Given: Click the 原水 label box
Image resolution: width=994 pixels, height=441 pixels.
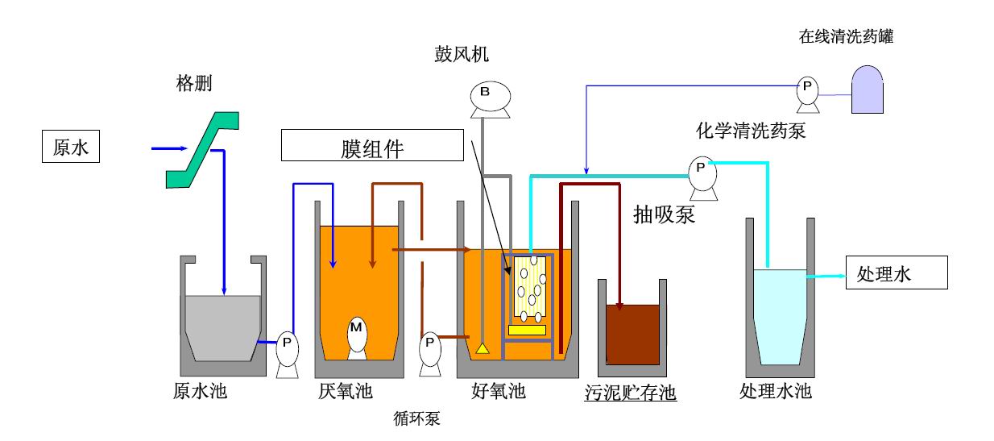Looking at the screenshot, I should pos(71,148).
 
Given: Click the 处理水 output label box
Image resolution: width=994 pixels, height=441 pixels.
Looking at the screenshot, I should pos(896,274).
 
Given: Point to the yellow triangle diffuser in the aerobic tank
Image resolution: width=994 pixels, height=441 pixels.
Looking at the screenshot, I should pos(482,348).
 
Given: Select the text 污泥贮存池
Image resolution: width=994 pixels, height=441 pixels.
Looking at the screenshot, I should pos(630,393).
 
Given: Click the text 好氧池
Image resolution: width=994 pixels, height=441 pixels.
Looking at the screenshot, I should pos(499,393).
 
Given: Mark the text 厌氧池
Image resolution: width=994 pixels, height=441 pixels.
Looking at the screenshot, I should pos(346,393).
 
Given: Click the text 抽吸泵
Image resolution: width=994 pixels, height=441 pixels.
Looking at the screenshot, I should pos(664,215).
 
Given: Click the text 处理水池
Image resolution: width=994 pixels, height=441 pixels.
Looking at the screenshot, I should pos(775,393).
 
